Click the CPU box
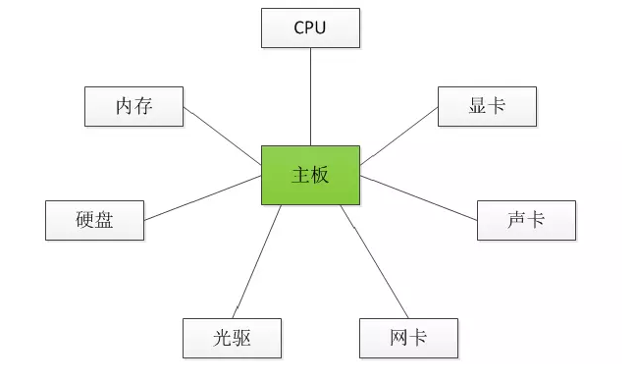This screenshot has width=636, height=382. (x=310, y=27)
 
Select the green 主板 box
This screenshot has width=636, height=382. (x=310, y=175)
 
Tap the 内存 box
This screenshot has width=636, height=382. (x=133, y=106)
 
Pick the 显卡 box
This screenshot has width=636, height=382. (x=487, y=106)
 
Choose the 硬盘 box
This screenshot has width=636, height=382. (x=94, y=220)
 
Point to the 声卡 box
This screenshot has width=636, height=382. (x=526, y=220)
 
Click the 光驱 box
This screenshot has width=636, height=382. (x=232, y=338)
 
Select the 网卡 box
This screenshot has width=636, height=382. (x=408, y=338)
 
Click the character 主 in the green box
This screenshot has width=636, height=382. (x=300, y=175)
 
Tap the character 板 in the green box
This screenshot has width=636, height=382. (x=320, y=175)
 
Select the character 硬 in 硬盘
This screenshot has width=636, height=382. (x=84, y=220)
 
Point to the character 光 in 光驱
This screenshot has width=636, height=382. (x=222, y=338)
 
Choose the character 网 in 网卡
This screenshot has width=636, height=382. (x=398, y=338)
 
